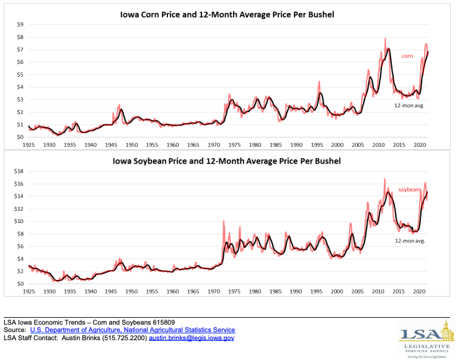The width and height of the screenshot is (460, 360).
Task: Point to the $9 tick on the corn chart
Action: coord(20,25)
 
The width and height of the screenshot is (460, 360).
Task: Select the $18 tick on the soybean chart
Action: coord(19,171)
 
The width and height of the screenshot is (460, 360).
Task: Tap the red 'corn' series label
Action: coord(407,56)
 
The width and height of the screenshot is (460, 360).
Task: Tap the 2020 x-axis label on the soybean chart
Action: coord(418,291)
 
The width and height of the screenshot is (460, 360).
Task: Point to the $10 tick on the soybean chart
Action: coord(19,221)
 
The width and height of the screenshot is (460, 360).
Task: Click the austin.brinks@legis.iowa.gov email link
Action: coord(192,338)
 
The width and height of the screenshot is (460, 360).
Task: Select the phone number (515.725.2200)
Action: coord(121,338)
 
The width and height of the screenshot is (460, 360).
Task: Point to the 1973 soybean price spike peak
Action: coord(224,221)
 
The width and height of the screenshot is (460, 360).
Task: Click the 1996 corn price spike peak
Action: coord(319,82)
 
